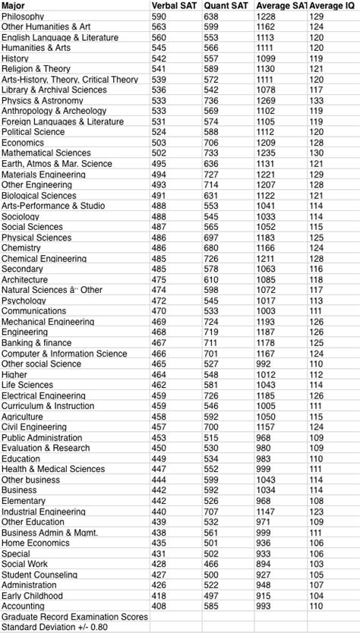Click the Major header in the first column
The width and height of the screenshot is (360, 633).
click(x=14, y=6)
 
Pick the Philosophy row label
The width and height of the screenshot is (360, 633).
click(x=23, y=16)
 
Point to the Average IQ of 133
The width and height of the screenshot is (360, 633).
click(x=317, y=100)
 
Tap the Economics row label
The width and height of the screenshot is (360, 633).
click(x=23, y=143)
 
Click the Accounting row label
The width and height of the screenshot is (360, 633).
click(x=24, y=606)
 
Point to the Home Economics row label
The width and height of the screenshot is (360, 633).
click(x=35, y=543)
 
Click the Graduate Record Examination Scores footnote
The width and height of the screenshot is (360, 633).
click(x=74, y=617)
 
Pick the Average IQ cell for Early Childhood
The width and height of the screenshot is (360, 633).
click(x=317, y=596)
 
